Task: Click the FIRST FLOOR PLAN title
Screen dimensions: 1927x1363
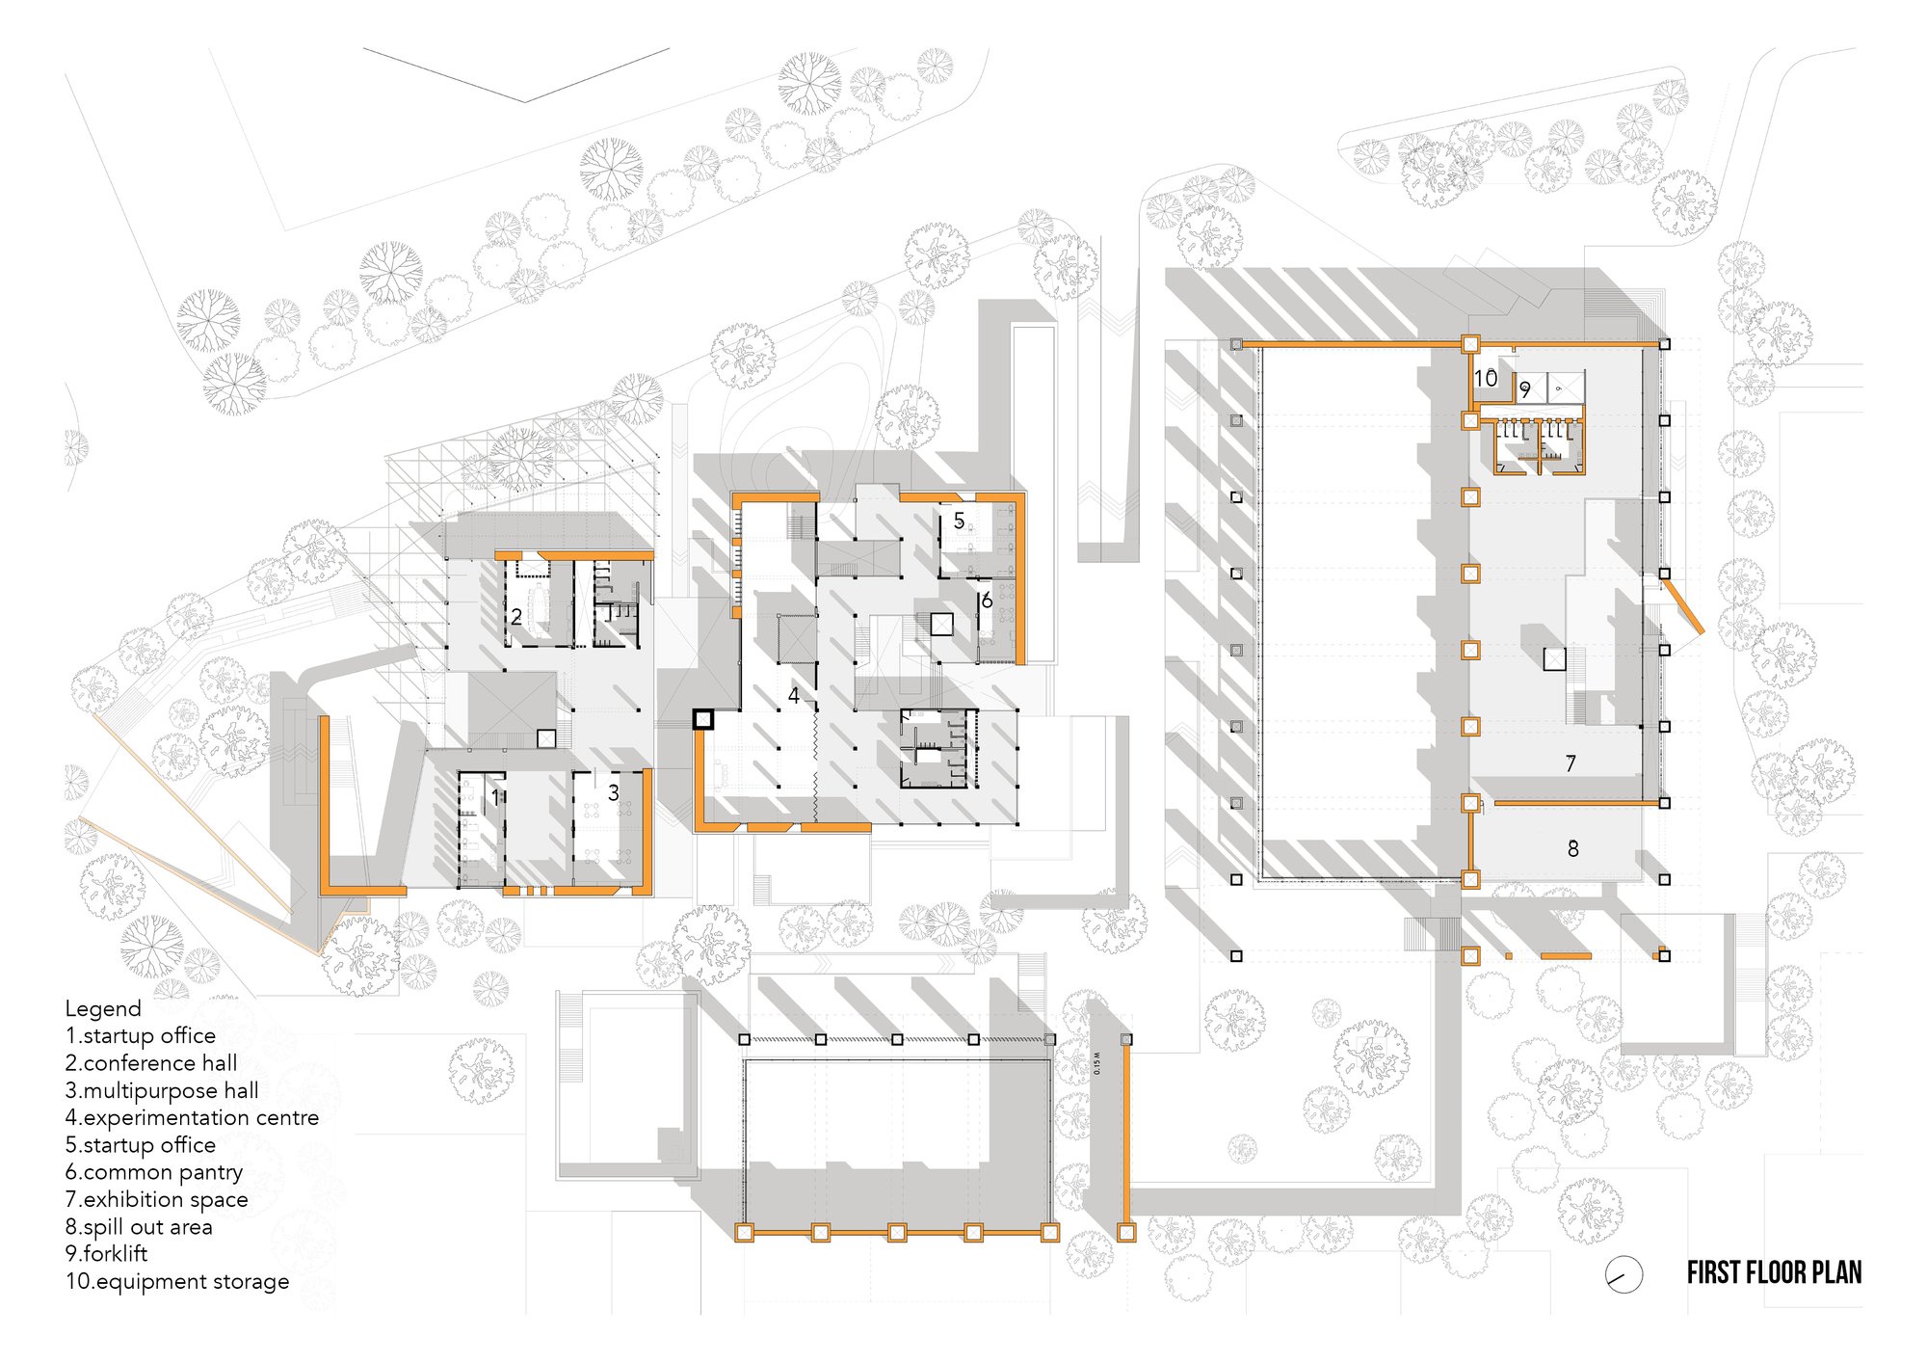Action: (1774, 1272)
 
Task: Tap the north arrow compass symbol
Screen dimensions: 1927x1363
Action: (1623, 1274)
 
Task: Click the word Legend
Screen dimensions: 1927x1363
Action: (103, 1008)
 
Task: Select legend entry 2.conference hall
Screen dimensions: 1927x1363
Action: (151, 1063)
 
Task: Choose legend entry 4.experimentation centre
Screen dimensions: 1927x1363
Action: (192, 1118)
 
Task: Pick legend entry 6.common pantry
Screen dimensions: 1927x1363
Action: (154, 1173)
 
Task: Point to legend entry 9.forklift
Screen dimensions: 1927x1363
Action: (107, 1254)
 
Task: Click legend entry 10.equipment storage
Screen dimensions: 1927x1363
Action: (177, 1282)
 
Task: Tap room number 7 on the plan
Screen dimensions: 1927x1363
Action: (1571, 763)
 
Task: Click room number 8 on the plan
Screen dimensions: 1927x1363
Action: (1573, 848)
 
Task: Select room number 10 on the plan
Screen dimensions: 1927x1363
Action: (1486, 378)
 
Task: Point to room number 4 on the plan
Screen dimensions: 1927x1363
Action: (794, 695)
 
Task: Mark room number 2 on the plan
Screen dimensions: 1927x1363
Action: (516, 617)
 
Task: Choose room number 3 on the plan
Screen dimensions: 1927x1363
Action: (614, 792)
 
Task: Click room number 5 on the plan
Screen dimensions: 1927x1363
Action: (959, 521)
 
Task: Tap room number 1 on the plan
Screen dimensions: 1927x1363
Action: (496, 797)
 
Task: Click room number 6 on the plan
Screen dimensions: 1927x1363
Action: (987, 601)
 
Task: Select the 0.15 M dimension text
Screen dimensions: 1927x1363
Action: (1096, 1063)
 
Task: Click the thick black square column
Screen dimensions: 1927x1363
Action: (703, 718)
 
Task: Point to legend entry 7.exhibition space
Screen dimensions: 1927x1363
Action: (157, 1200)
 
